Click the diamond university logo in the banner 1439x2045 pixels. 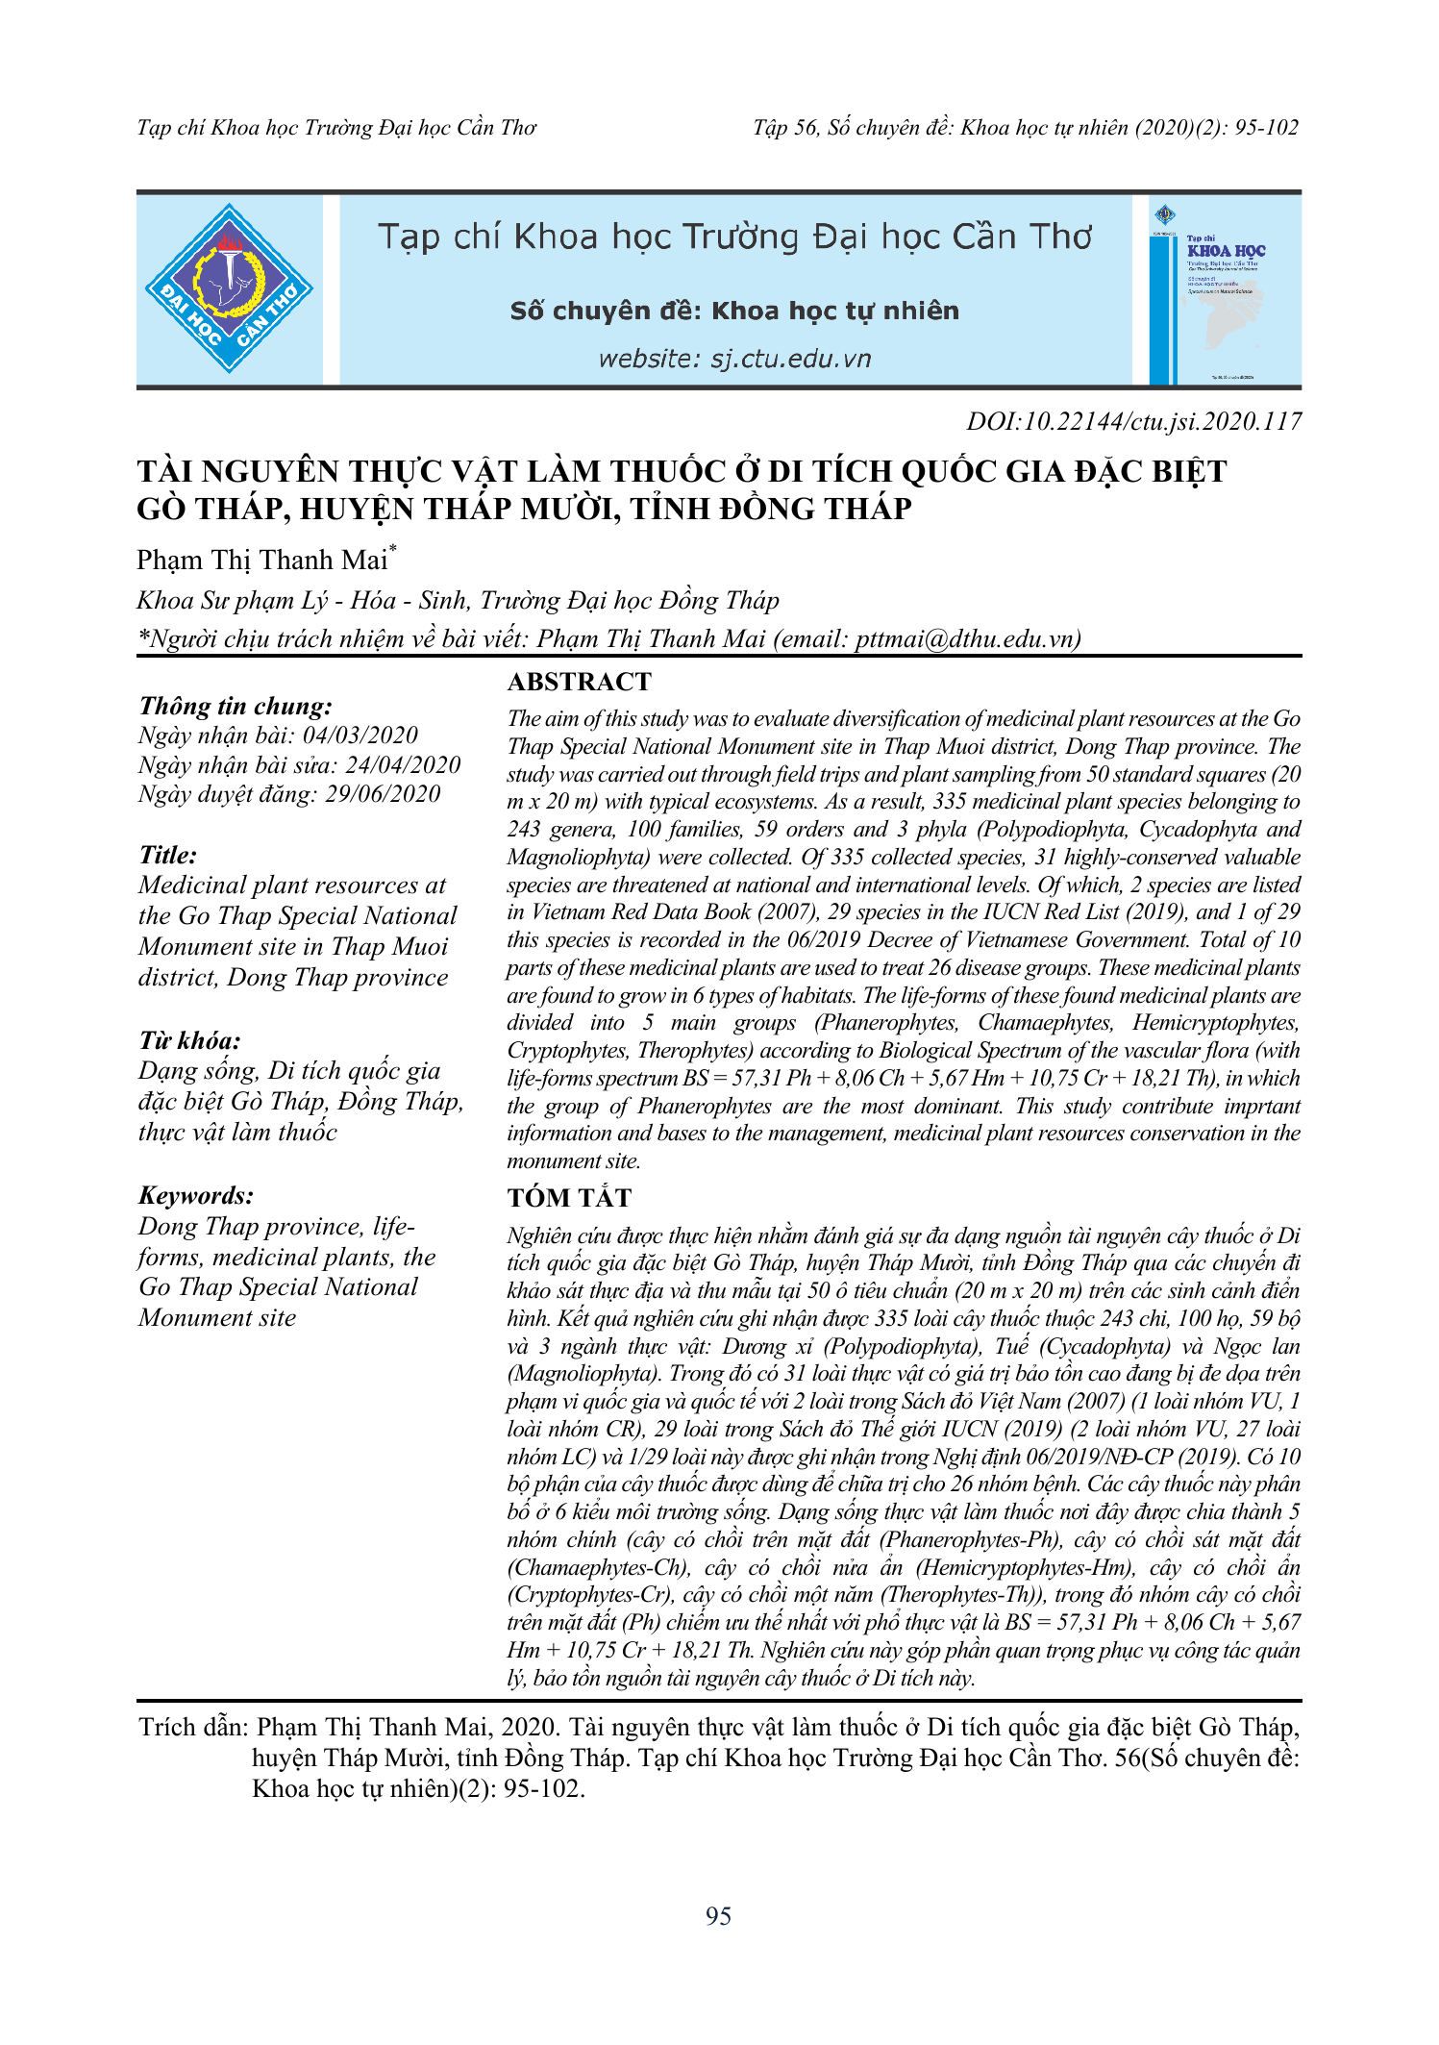pyautogui.click(x=229, y=288)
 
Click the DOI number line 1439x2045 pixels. pyautogui.click(x=1133, y=421)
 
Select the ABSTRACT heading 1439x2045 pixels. pyautogui.click(x=579, y=682)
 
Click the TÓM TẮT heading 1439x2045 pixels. pyautogui.click(x=569, y=1198)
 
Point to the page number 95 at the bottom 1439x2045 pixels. pyautogui.click(x=718, y=1916)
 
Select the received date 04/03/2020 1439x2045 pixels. pyautogui.click(x=360, y=736)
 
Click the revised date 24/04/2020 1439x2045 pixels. pyautogui.click(x=403, y=764)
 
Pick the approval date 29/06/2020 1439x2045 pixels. pyautogui.click(x=382, y=794)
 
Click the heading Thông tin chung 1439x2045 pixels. pyautogui.click(x=236, y=707)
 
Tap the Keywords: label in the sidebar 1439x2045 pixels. pyautogui.click(x=196, y=1195)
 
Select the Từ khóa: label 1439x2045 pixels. pyautogui.click(x=189, y=1040)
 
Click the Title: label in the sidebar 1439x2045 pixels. pyautogui.click(x=168, y=855)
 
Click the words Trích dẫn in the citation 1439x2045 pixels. pyautogui.click(x=193, y=1728)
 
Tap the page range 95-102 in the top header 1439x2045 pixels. pyautogui.click(x=1266, y=128)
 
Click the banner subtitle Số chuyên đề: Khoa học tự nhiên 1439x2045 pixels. pyautogui.click(x=734, y=311)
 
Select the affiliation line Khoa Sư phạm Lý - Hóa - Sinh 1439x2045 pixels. pyautogui.click(x=457, y=601)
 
